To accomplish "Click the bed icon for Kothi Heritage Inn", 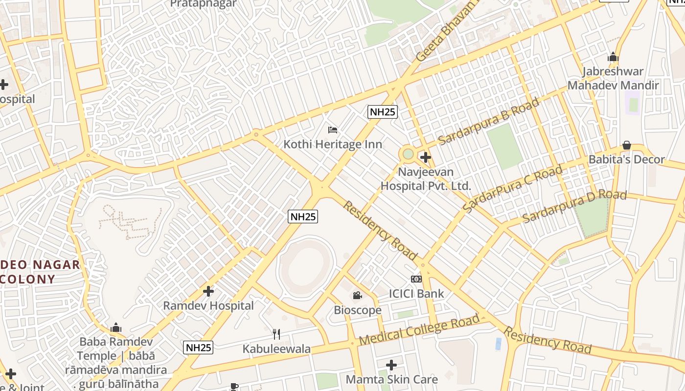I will pyautogui.click(x=333, y=130).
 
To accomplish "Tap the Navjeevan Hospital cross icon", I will pyautogui.click(x=426, y=157).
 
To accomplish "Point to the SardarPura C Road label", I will pyautogui.click(x=512, y=189).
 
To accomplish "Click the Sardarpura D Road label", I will pyautogui.click(x=574, y=206).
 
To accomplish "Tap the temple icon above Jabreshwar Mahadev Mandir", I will pyautogui.click(x=613, y=57).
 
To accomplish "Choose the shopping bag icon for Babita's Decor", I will pyautogui.click(x=626, y=146).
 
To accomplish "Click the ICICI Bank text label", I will pyautogui.click(x=416, y=293).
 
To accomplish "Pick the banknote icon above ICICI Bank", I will pyautogui.click(x=416, y=279).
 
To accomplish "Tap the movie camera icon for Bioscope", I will pyautogui.click(x=357, y=295).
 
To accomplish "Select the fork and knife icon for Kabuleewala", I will pyautogui.click(x=276, y=334).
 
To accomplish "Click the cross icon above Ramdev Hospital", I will pyautogui.click(x=208, y=291).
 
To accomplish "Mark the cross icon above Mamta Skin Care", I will pyautogui.click(x=391, y=365).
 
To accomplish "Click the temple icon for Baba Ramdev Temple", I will pyautogui.click(x=116, y=327).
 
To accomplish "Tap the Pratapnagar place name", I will pyautogui.click(x=203, y=4).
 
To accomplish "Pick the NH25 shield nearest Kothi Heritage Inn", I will pyautogui.click(x=383, y=112).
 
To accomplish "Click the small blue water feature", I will pyautogui.click(x=499, y=344).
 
